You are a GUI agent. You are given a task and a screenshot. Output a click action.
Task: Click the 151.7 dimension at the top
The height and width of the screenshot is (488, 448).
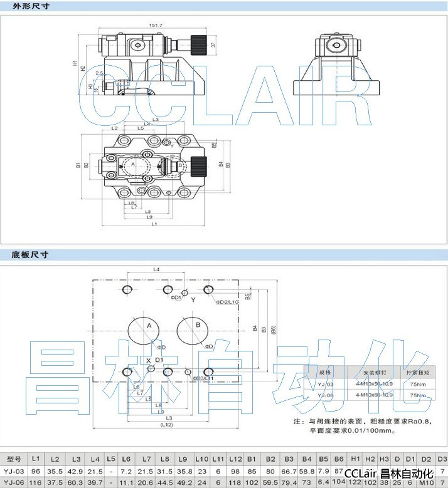click(x=156, y=25)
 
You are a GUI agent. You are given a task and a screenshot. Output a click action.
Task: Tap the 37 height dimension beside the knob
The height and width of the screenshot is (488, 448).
click(x=213, y=45)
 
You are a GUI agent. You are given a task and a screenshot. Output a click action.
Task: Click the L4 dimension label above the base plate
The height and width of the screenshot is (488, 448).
click(x=157, y=269)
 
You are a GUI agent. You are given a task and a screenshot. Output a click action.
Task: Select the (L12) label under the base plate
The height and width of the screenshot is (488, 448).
click(x=166, y=425)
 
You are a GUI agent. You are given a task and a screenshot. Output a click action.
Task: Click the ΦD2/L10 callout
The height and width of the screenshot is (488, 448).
click(x=227, y=302)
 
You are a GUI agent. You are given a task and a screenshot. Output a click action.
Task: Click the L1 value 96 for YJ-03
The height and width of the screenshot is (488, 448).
click(x=36, y=471)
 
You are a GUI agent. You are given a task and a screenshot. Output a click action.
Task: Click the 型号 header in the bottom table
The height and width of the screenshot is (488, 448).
click(x=14, y=459)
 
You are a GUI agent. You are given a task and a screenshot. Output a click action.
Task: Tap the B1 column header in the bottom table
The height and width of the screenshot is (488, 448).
click(x=252, y=459)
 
